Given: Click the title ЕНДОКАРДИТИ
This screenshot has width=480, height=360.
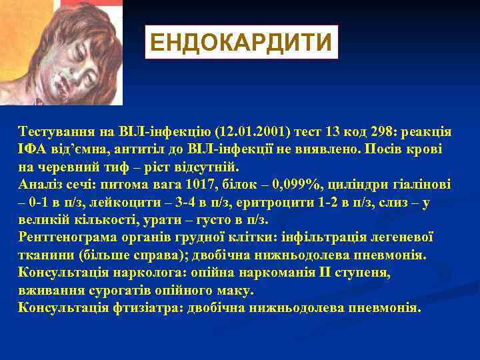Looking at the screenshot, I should click(241, 43).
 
